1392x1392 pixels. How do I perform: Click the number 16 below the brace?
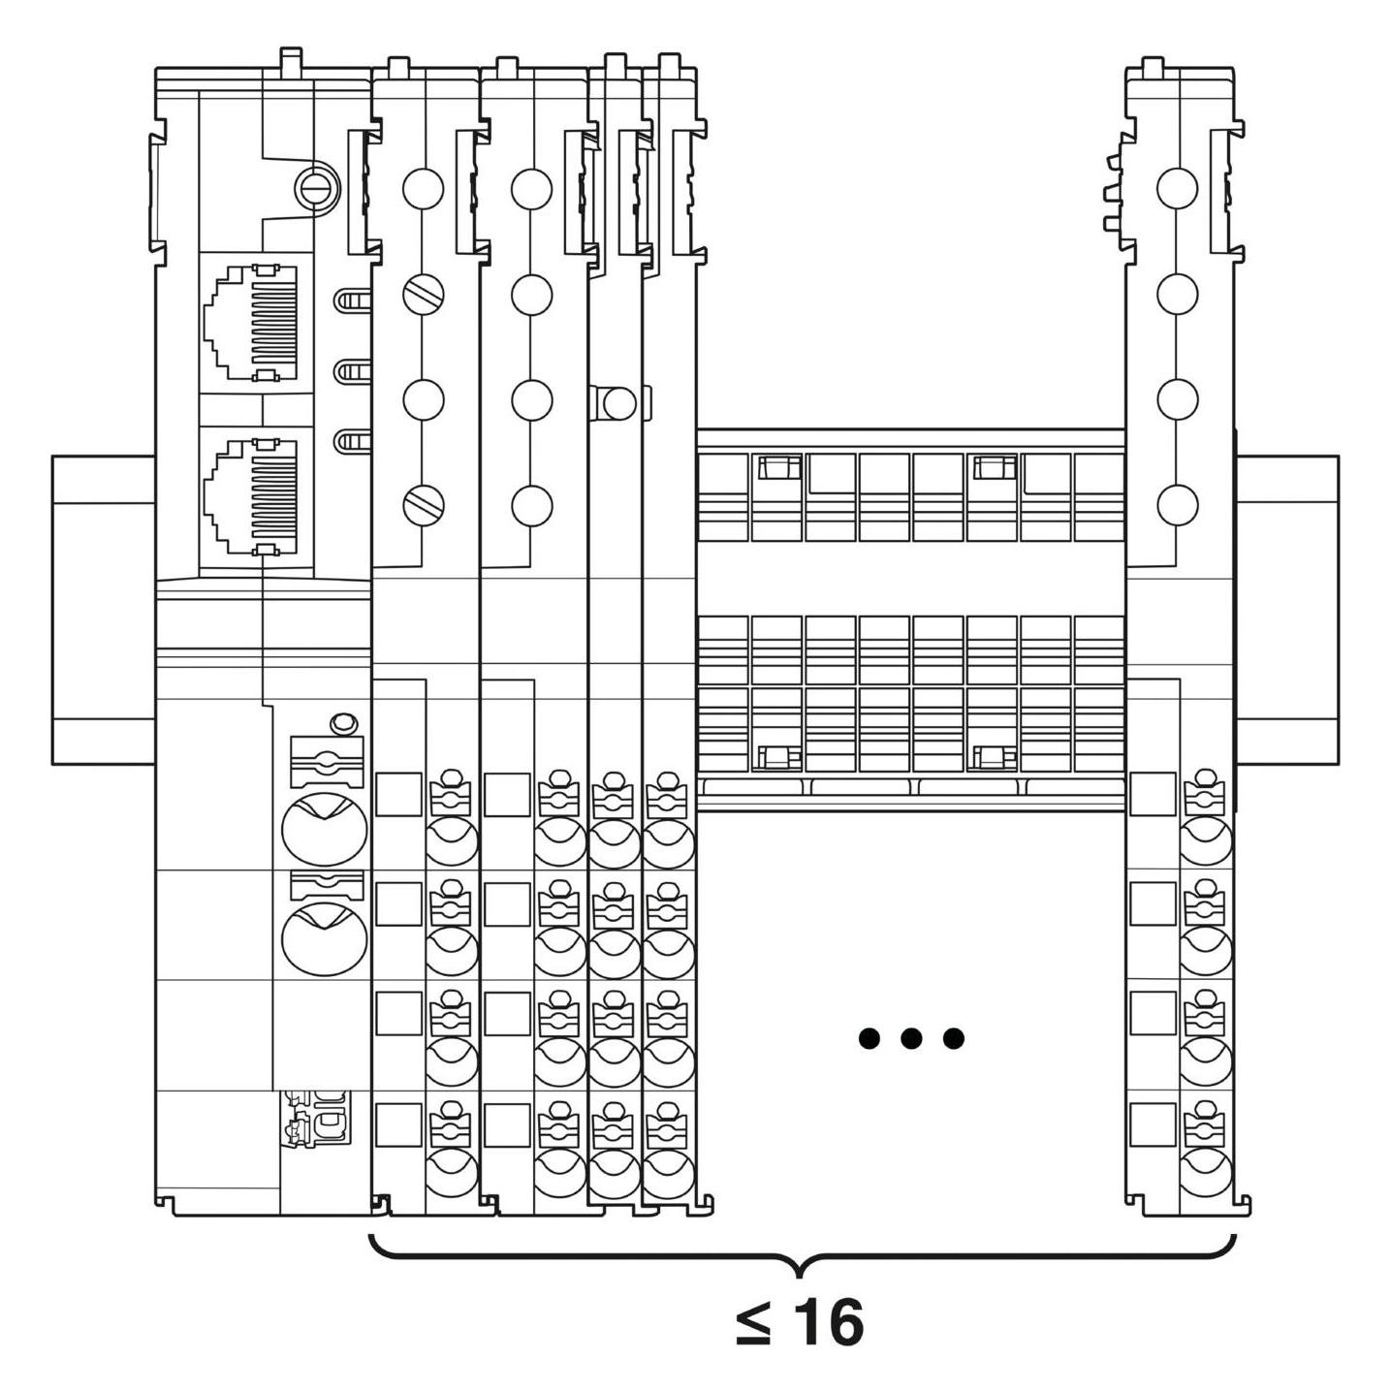tap(831, 1323)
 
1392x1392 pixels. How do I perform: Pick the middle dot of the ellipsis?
tap(911, 1038)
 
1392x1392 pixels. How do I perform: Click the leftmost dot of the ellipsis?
tap(869, 1038)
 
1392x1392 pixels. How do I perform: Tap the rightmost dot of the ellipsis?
tap(954, 1038)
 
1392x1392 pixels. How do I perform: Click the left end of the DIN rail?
tap(52, 610)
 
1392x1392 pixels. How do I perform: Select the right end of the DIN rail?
tap(1338, 610)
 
